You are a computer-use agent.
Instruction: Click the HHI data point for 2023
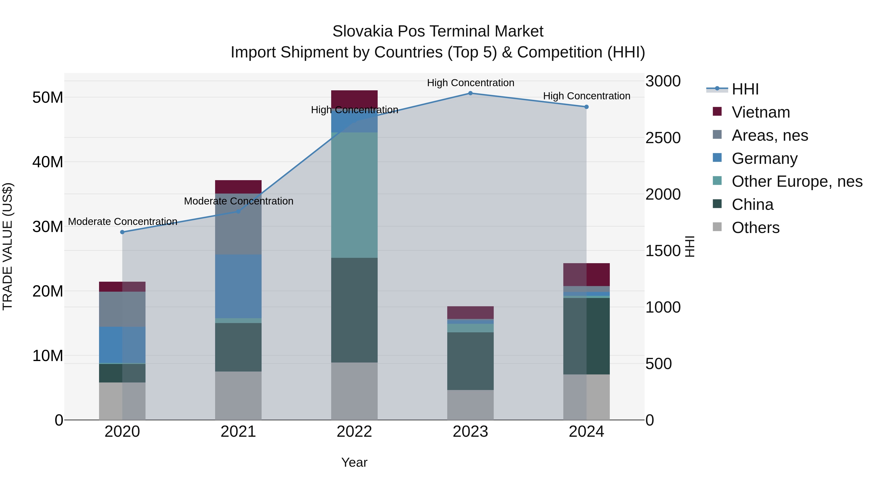point(470,93)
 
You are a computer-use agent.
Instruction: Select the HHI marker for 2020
point(122,232)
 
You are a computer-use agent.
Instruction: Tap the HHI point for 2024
point(586,107)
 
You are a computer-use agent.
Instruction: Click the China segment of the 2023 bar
point(470,361)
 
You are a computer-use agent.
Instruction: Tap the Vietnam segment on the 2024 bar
point(586,275)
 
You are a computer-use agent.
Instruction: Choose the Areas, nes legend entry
point(770,135)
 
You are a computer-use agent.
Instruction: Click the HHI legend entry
point(745,89)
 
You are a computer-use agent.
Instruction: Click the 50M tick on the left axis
point(48,98)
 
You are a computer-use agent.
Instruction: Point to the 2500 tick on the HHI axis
point(663,138)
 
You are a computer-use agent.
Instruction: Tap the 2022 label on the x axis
point(354,432)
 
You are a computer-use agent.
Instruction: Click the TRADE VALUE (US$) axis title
point(8,246)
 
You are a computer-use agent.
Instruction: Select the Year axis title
point(354,462)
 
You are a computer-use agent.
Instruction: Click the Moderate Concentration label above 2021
point(238,201)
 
